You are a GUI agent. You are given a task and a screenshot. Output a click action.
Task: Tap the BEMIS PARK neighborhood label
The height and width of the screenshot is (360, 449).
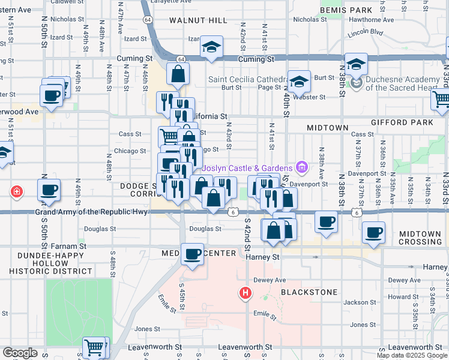[x=346, y=10]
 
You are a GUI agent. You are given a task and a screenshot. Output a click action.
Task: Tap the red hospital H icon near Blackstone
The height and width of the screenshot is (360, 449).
[x=245, y=293]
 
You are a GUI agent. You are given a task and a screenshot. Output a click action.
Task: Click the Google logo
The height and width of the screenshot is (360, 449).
[x=20, y=353]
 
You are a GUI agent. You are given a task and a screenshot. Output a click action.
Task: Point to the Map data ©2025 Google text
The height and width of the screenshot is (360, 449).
[x=412, y=355]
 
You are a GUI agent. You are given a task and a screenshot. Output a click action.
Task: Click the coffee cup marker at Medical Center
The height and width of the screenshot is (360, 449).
[x=192, y=254]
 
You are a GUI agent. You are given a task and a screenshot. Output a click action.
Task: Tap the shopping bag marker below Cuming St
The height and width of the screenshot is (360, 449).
[x=178, y=74]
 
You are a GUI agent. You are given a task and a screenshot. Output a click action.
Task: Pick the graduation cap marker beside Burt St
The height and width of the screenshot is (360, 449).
[x=298, y=81]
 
